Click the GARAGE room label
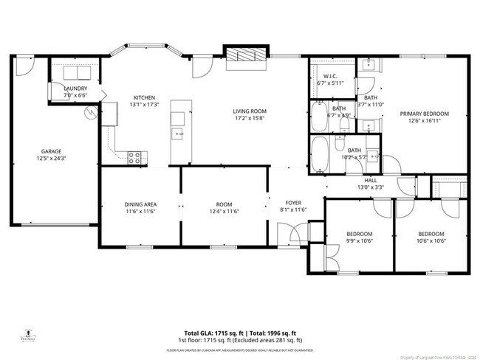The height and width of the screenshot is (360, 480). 50,150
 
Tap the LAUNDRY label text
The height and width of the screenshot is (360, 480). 75,88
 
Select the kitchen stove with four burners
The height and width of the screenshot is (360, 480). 136,156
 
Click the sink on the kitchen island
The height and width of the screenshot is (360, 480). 177,134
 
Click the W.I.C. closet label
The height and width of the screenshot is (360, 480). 331,76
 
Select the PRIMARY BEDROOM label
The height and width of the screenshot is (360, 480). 425,114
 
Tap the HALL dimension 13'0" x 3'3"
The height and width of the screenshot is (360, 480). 371,187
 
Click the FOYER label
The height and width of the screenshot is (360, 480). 294,203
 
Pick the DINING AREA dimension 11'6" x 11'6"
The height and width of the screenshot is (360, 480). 140,211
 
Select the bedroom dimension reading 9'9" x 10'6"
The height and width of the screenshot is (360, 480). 360,240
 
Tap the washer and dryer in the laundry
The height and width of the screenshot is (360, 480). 75,73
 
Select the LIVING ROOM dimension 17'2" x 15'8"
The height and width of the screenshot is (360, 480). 250,118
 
